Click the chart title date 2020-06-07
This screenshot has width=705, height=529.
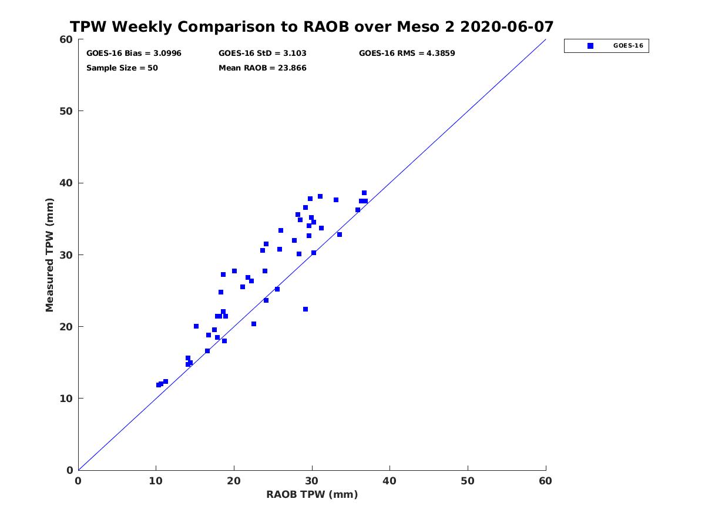pos(506,26)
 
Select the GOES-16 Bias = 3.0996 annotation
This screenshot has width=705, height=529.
pos(133,53)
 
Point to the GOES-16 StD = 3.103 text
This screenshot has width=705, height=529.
pos(262,53)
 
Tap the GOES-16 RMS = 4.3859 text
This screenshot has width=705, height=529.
pos(407,53)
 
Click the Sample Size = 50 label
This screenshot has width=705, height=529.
pos(122,68)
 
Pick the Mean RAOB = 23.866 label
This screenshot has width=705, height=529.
pos(262,68)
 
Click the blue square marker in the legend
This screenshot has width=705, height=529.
pos(590,46)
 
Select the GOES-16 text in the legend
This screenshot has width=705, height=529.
pos(628,46)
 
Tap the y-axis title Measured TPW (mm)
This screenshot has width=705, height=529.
pos(49,255)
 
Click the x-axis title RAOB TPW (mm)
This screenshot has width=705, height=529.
pos(312,494)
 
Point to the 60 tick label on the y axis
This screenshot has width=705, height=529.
pos(66,39)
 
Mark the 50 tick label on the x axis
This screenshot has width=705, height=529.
pos(468,481)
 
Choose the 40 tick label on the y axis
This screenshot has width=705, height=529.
pos(66,183)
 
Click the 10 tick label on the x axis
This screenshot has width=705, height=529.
pos(156,481)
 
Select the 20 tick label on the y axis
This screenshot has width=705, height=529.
pos(66,326)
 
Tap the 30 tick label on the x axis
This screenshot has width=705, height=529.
pos(312,481)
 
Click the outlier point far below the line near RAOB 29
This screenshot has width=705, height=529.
pos(305,309)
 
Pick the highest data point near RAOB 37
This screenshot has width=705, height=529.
pos(364,193)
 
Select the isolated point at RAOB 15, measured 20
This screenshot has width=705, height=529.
pos(196,326)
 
